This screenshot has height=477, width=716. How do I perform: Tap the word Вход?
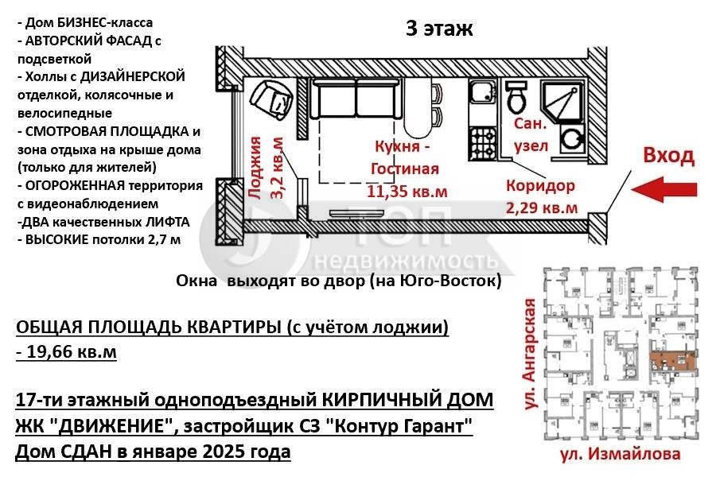coord(668,155)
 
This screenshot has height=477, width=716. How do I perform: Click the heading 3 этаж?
coord(439,29)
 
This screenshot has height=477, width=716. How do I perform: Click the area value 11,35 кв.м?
coord(407,192)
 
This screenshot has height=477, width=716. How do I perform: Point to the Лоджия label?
coord(255,167)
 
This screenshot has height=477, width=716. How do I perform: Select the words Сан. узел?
coord(530,136)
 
